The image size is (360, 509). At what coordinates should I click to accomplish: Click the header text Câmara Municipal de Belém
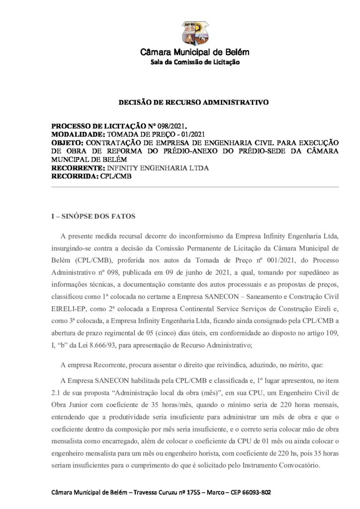tap(195, 52)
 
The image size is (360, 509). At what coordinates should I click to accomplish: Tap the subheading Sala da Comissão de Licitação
tap(195, 62)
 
